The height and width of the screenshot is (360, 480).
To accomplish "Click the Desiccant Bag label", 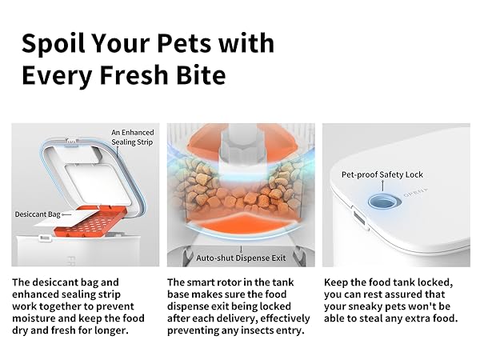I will (x=38, y=214).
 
